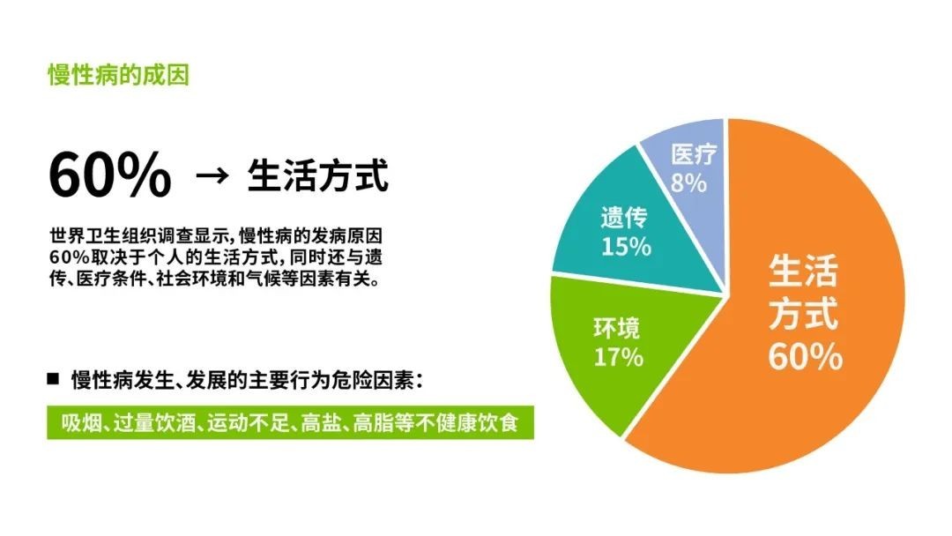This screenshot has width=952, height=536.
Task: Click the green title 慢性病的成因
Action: coord(119,75)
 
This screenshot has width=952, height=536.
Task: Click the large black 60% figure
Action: coord(110,175)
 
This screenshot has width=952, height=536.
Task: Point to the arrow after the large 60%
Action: coord(212,176)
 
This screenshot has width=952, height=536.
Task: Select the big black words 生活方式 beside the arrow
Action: coord(317,176)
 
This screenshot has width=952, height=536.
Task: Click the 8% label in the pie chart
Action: coord(688,182)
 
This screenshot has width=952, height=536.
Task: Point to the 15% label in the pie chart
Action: coord(626,247)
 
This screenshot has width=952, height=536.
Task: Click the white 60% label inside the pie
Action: coord(805,356)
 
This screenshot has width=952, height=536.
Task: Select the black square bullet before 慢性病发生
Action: coord(54,379)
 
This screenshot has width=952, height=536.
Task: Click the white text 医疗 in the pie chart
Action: coord(694,154)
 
